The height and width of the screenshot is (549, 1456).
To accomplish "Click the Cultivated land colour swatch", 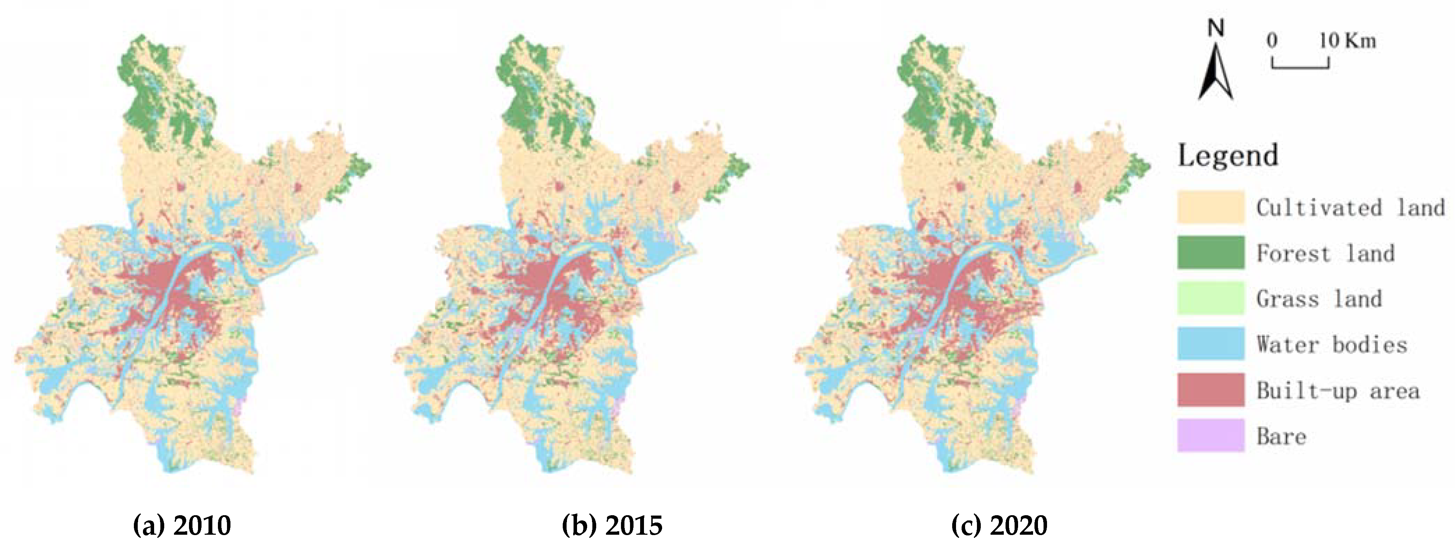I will [x=1210, y=207].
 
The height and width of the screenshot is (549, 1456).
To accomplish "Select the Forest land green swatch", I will [x=1210, y=253].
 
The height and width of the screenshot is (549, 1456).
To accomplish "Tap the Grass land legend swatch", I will [x=1210, y=298].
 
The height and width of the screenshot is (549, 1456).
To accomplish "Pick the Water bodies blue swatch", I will [x=1210, y=343].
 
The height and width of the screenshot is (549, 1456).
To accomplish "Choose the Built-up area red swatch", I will [x=1210, y=390].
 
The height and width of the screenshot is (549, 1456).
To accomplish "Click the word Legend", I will [x=1228, y=155].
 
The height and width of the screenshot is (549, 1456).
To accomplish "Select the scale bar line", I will [x=1300, y=66].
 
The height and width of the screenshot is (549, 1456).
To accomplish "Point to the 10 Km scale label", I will [x=1348, y=41].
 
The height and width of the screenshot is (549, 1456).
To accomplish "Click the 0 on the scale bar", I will [x=1272, y=41].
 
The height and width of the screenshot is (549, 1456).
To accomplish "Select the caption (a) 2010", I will [x=182, y=525].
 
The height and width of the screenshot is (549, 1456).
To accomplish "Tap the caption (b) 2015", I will [x=612, y=525].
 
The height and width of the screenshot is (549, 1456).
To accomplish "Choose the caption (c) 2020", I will [x=999, y=525].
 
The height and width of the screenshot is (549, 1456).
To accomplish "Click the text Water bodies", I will [x=1332, y=345].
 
